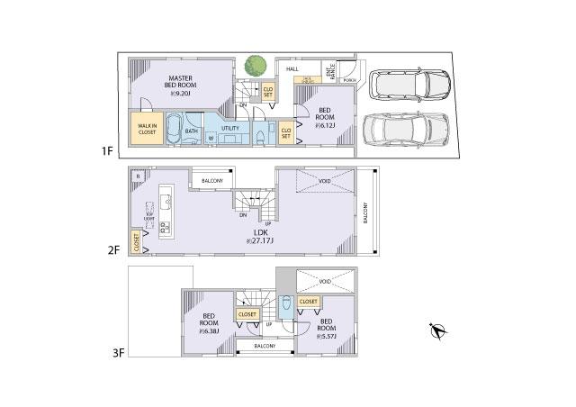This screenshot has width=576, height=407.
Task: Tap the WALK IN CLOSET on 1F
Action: click(147, 129)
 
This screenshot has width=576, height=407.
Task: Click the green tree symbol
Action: click(255, 67)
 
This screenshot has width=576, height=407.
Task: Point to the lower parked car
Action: click(405, 132)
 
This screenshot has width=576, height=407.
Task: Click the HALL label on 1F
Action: click(292, 68)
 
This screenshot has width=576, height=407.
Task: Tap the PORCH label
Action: click(349, 79)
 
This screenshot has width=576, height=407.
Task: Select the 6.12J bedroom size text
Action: click(325, 125)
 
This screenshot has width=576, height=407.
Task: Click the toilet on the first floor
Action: click(259, 135)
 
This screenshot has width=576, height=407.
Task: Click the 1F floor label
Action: click(108, 152)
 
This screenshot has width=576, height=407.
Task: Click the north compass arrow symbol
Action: click(436, 331)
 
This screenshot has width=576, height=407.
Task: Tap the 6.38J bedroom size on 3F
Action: click(208, 330)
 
